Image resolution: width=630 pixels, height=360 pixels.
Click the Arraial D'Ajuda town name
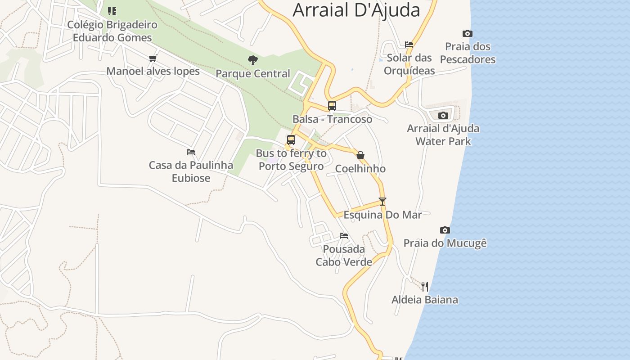point(356,10)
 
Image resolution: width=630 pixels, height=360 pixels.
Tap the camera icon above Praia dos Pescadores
point(468,33)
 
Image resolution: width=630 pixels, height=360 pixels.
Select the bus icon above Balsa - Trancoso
point(332,106)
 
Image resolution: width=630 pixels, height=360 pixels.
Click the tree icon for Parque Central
point(253,60)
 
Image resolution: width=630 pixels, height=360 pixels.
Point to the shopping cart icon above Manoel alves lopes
point(153,58)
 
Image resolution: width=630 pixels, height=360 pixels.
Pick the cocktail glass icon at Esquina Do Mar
point(382,201)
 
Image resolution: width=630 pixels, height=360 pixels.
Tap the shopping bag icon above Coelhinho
point(360,155)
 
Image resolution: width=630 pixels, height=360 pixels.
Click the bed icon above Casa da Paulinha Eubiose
point(191,152)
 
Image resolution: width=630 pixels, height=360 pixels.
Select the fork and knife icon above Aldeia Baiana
point(424,286)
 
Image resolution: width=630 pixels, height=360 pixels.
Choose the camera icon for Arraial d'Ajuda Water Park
point(443,115)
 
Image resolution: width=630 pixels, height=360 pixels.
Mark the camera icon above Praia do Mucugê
point(445,230)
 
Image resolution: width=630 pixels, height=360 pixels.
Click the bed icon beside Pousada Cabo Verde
point(344,235)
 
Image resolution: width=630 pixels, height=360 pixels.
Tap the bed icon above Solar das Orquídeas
point(409,44)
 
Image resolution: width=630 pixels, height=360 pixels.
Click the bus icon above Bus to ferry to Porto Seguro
point(291,140)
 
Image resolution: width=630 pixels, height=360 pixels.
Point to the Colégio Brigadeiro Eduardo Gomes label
point(112,31)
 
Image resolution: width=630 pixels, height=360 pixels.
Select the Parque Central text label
point(253,73)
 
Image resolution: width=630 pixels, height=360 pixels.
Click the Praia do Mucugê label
point(445,243)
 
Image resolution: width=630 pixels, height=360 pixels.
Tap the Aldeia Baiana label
point(425,300)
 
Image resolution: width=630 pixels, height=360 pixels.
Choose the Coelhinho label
point(360,169)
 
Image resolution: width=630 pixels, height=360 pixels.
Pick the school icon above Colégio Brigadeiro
point(112,11)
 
